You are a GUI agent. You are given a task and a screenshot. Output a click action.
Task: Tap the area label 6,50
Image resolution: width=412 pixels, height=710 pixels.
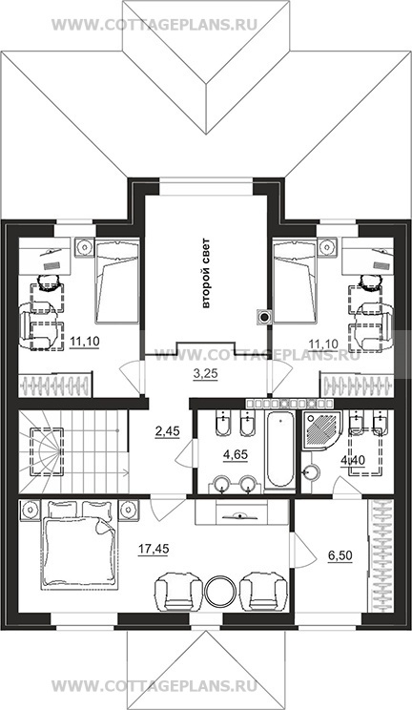[340, 555]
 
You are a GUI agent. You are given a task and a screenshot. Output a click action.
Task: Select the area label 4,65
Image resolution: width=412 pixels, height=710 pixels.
[236, 454]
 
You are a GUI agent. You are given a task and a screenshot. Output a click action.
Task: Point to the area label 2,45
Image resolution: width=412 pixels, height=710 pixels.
[167, 431]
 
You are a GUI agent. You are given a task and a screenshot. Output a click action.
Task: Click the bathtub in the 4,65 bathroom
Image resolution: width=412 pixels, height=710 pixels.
[281, 452]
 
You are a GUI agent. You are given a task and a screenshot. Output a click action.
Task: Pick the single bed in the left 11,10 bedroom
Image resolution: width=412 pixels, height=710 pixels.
[116, 282]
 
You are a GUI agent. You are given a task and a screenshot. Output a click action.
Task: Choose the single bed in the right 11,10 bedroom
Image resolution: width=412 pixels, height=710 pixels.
[294, 282]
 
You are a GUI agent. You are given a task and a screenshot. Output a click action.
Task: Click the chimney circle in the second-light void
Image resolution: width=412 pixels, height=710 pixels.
[263, 317]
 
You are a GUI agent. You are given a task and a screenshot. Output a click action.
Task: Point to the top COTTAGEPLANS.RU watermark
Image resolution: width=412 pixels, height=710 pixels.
[154, 24]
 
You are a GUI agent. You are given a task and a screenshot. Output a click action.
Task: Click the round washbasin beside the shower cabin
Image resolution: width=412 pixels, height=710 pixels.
[311, 472]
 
